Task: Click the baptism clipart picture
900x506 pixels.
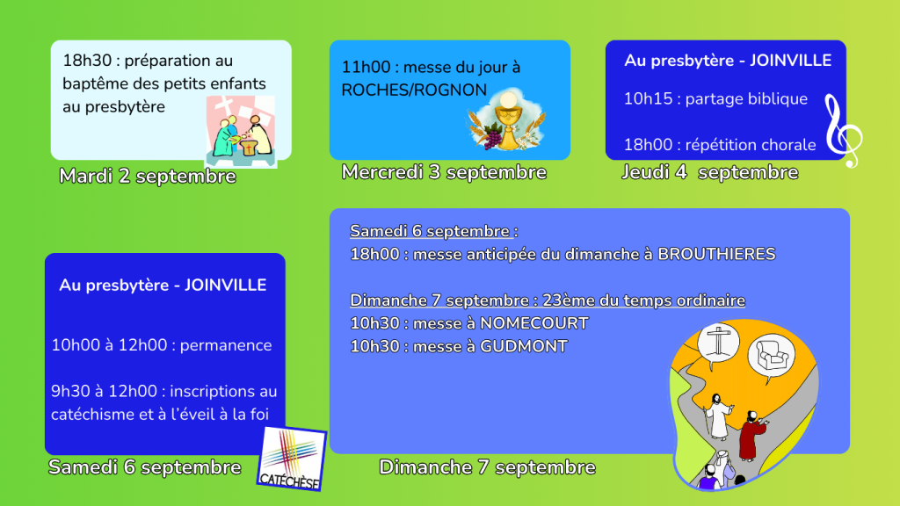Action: pos(241,132)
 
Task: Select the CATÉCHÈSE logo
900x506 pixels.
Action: pos(292,459)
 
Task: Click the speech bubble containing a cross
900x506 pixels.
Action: pos(718,344)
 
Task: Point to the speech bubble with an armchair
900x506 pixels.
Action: pos(772,357)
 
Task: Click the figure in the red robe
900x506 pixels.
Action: pos(752,436)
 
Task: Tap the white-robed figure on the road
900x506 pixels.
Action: pos(717,416)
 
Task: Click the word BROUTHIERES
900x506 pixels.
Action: pos(716,254)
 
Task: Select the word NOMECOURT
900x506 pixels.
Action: pos(533,323)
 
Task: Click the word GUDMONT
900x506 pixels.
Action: pos(524,346)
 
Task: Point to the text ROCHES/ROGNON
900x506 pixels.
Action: pos(414,90)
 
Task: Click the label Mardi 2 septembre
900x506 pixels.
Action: pos(148,176)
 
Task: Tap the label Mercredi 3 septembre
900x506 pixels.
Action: pos(444,172)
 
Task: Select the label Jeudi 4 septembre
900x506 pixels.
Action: pos(710,172)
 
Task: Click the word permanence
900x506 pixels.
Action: pos(226,345)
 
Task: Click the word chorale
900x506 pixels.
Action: pos(788,145)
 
